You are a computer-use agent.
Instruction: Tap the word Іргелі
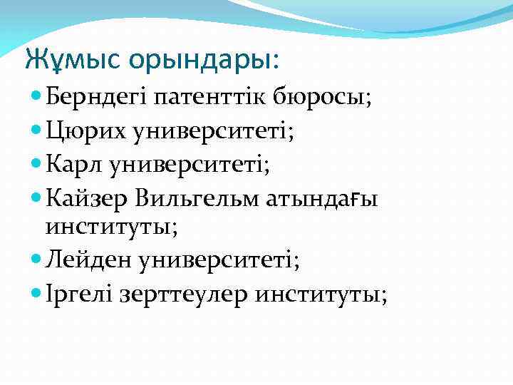tap(79, 294)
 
